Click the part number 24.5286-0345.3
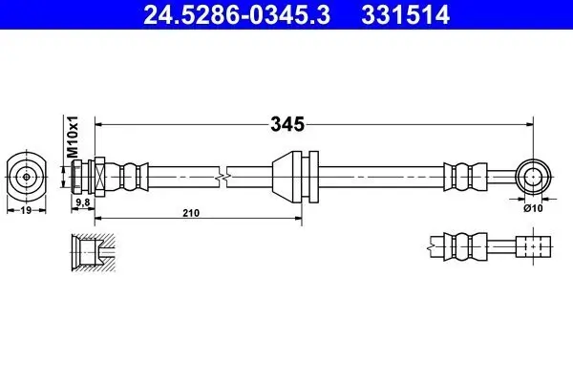coord(237,14)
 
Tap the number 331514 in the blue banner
coord(405,14)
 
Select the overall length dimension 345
coord(287,124)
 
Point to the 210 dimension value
coord(191,213)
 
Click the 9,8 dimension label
coord(83,202)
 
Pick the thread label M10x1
coord(73,137)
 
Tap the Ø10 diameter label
coord(533,208)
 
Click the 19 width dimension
coord(26,210)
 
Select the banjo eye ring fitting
coord(534,177)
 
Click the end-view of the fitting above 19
coord(27,177)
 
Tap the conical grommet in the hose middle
coord(287,177)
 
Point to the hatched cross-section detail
coord(94,252)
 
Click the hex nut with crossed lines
coord(99,177)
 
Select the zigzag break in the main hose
coord(223,177)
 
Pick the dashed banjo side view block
coord(533,246)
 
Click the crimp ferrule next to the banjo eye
coord(465,177)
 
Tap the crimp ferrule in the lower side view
coord(465,246)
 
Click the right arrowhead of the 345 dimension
coord(529,124)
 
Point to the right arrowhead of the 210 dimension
coord(298,219)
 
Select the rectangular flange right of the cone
coord(313,177)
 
